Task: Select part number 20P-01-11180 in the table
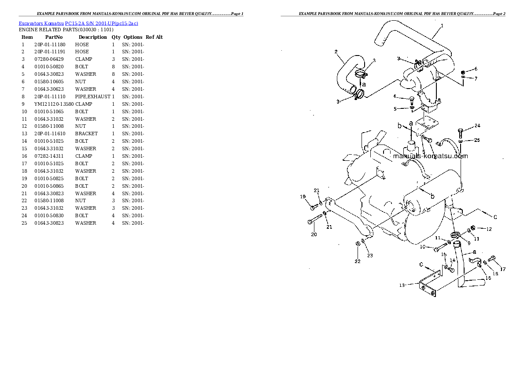tap(49, 45)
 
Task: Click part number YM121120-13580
tap(54, 104)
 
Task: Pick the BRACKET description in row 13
tap(86, 134)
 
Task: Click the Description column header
tap(92, 37)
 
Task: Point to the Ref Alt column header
tap(154, 37)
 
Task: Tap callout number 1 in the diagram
tap(442, 25)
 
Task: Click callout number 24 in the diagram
tap(477, 126)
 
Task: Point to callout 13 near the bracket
tap(402, 285)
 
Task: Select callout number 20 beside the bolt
tap(314, 234)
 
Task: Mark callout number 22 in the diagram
tap(357, 261)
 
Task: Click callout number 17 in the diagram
tap(503, 269)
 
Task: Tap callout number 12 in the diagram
tap(489, 229)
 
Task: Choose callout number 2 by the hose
tap(336, 52)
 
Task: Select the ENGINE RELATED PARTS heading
tap(66, 30)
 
